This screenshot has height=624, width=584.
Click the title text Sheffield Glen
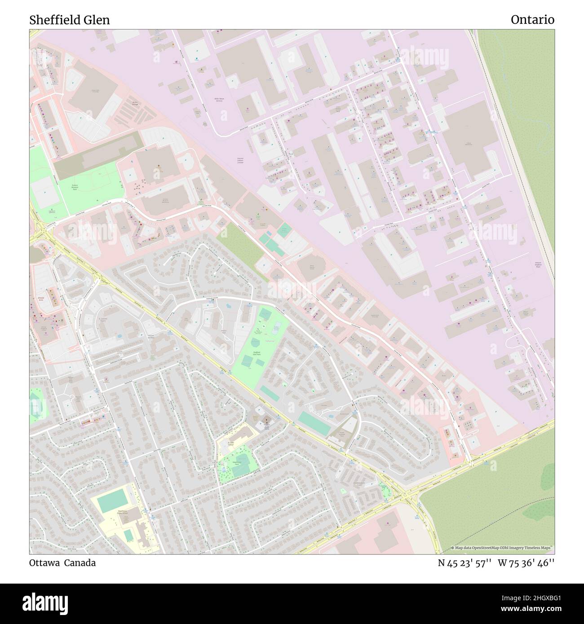click(70, 20)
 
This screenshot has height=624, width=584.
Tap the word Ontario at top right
click(532, 20)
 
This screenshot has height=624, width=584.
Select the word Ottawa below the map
click(44, 563)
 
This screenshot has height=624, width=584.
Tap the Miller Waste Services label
click(219, 100)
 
